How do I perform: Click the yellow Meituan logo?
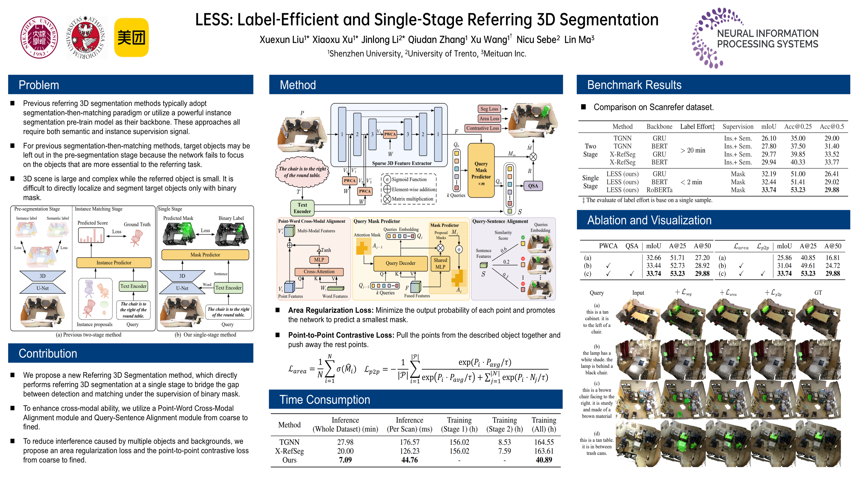click(131, 37)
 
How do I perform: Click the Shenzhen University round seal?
click(39, 37)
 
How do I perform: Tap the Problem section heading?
click(39, 85)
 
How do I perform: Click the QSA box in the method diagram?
click(533, 186)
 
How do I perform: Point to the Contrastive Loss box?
click(482, 128)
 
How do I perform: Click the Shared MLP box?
click(440, 263)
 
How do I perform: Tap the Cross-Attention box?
click(319, 272)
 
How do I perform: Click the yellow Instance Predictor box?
click(114, 263)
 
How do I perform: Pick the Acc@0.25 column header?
click(798, 126)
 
